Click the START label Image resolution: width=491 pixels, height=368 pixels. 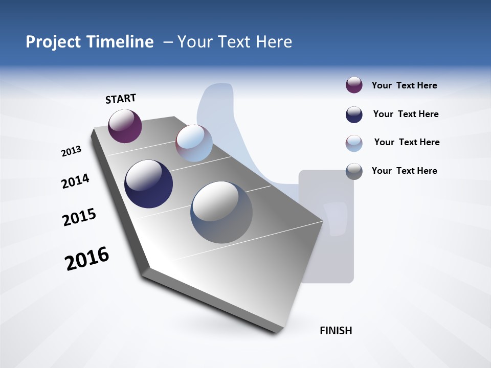click(121, 99)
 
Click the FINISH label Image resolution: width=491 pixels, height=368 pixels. click(336, 331)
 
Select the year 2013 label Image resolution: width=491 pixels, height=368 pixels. click(71, 151)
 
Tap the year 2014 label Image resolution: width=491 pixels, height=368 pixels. click(75, 181)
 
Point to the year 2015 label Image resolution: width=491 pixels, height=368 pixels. click(79, 217)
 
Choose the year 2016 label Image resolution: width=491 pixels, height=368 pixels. click(87, 259)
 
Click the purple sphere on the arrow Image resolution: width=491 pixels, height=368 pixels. click(125, 126)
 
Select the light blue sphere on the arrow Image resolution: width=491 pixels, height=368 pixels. click(194, 143)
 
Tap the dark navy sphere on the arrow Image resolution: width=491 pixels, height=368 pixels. click(148, 184)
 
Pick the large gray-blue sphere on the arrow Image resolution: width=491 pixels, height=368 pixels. click(221, 212)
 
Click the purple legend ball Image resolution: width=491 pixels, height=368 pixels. click(354, 85)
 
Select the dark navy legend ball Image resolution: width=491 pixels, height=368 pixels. click(354, 114)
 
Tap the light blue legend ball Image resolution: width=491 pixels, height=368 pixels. click(354, 143)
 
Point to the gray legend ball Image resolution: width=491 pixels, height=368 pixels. click(354, 171)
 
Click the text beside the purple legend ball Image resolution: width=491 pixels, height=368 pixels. click(404, 85)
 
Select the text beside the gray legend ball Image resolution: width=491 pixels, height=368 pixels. click(404, 171)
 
